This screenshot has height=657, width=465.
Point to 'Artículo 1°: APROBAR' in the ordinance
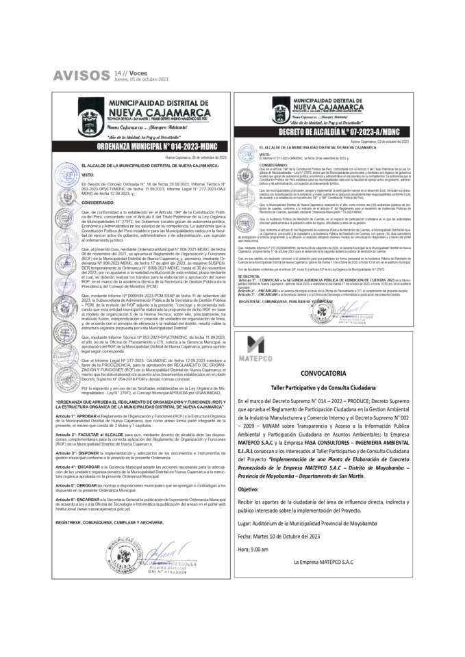coord(95,415)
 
